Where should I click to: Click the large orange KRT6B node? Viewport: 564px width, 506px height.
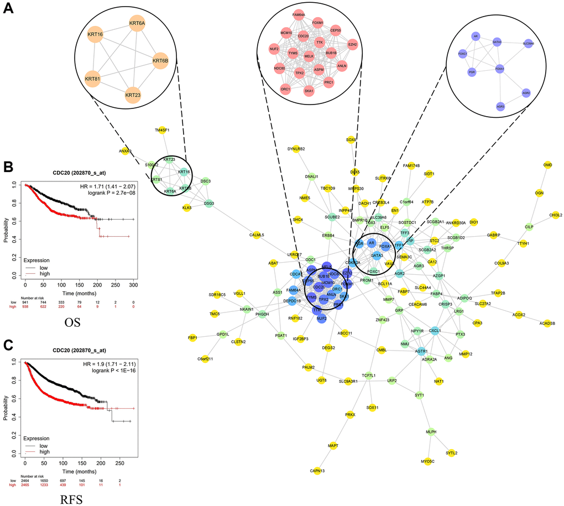(x=160, y=60)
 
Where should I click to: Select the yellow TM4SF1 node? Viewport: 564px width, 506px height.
(x=162, y=131)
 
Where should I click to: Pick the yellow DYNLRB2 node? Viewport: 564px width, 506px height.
(x=296, y=149)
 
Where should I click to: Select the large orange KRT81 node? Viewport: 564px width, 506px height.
(x=95, y=77)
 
